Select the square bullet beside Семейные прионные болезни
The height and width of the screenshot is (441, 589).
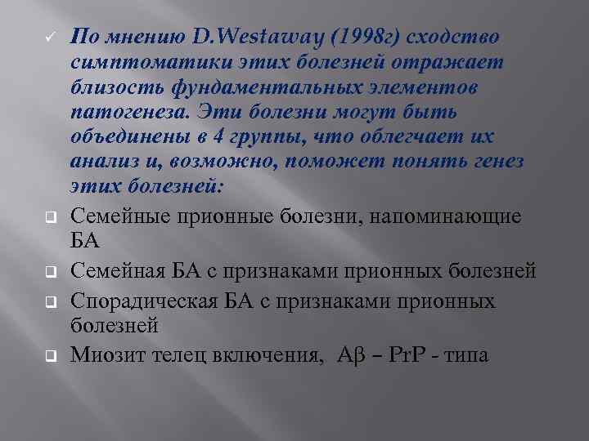(49, 218)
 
